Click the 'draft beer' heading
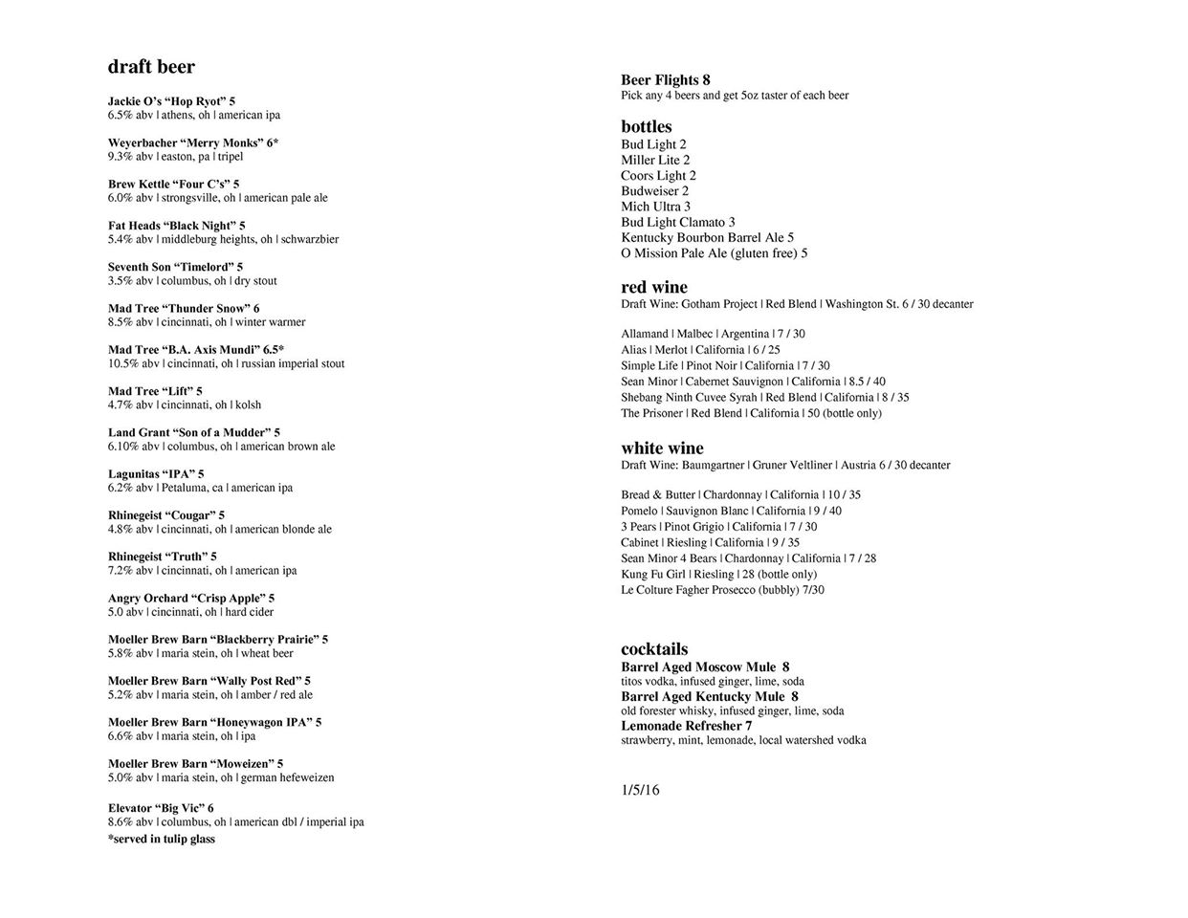point(151,67)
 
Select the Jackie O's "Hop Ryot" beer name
point(171,101)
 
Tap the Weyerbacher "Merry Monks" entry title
point(193,142)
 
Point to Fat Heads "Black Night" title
point(176,226)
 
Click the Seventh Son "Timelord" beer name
point(175,267)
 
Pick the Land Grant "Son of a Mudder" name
point(194,432)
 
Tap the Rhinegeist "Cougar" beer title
point(166,515)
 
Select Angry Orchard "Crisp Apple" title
point(191,599)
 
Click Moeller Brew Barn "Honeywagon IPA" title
point(214,722)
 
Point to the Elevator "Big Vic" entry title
point(161,808)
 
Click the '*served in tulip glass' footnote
point(162,839)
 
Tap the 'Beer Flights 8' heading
point(666,80)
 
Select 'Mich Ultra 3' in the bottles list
point(655,207)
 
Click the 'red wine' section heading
point(654,287)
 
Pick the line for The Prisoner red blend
point(751,413)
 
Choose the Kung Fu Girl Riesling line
point(718,574)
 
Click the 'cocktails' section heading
point(654,649)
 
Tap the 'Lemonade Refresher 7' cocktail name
point(686,726)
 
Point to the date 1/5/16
point(640,790)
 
